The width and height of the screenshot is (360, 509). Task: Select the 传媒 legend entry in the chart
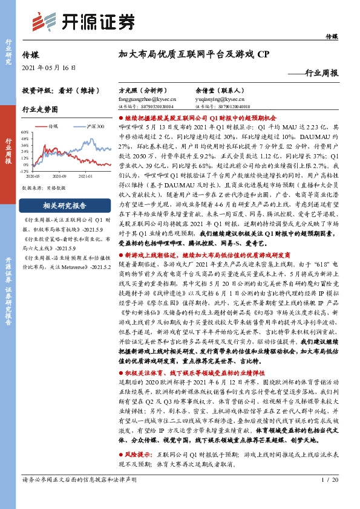coord(53,127)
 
